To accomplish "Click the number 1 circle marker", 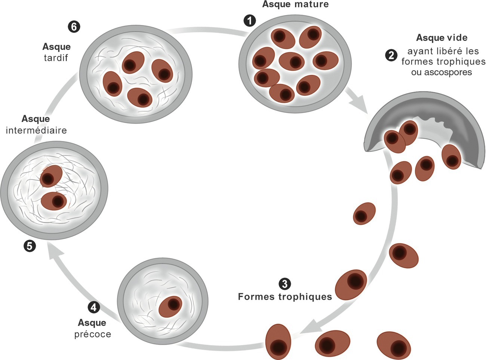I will tap(250, 21).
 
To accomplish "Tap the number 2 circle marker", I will tap(391, 55).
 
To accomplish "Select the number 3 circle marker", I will tap(285, 284).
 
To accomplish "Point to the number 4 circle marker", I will tap(93, 307).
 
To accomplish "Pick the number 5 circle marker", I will tap(30, 246).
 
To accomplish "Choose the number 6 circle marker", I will tap(74, 27).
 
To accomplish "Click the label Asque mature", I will tap(295, 4).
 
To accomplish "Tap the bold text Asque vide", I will tap(442, 38).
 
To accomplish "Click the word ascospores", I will tap(442, 72).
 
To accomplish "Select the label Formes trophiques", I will tap(285, 297).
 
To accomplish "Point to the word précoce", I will tap(92, 334).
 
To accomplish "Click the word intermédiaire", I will tap(36, 130).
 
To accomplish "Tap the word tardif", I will tap(56, 58).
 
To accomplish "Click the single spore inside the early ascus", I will tap(170, 306).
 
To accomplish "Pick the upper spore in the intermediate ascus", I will tap(51, 176).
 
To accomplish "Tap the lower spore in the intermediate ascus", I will tap(54, 201).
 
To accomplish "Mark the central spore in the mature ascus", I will tap(292, 61).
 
